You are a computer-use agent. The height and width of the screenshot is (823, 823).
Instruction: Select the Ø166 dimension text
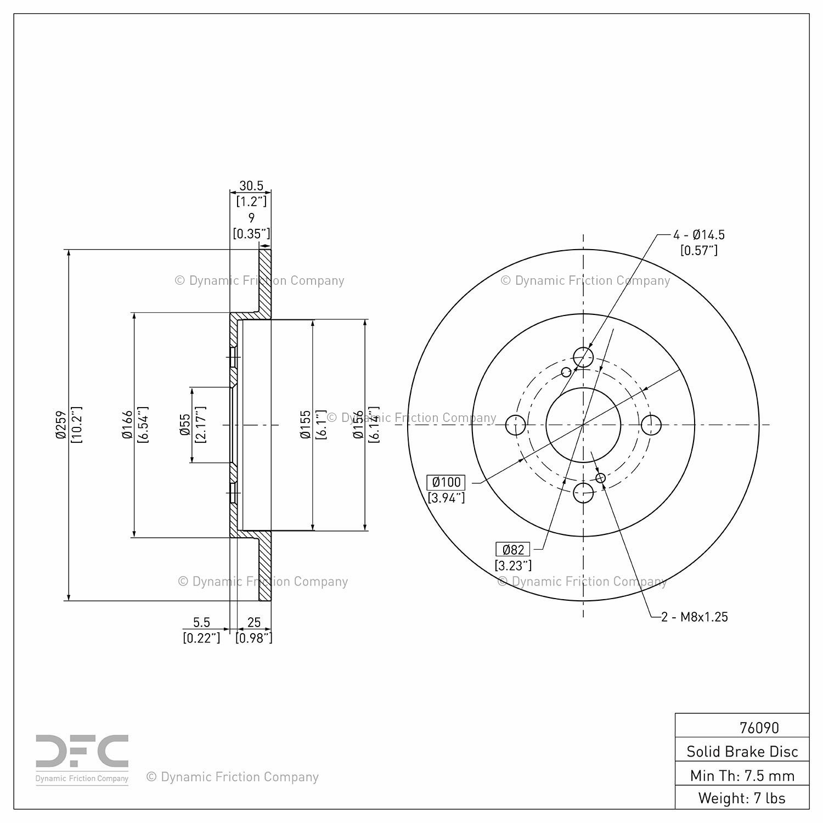[127, 425]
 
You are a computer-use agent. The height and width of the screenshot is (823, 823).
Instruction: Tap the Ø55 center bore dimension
[185, 425]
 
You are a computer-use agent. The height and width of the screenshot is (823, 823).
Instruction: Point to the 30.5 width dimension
[251, 185]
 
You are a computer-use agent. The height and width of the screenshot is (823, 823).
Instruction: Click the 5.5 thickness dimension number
[201, 622]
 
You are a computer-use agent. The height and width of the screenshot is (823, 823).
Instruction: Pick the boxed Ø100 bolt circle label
[447, 482]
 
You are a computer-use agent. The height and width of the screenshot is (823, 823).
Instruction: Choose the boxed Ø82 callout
[513, 549]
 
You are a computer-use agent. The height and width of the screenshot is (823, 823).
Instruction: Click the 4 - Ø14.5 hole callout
[699, 235]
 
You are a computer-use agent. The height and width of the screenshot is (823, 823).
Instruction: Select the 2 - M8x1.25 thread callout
[695, 617]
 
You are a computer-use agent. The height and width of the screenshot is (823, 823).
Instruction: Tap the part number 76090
[759, 728]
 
